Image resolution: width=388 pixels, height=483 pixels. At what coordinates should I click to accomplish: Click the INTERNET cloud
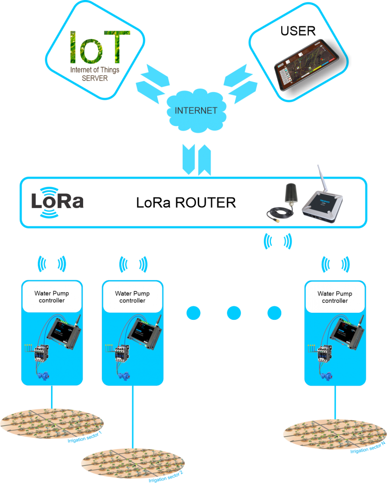pyautogui.click(x=195, y=111)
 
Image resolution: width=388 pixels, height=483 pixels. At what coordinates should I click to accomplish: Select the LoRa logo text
pyautogui.click(x=57, y=201)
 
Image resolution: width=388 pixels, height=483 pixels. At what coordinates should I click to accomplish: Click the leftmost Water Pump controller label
pyautogui.click(x=51, y=297)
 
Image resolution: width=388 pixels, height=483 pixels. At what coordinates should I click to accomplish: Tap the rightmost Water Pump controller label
pyautogui.click(x=335, y=297)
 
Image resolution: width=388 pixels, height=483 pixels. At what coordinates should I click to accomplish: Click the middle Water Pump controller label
pyautogui.click(x=132, y=297)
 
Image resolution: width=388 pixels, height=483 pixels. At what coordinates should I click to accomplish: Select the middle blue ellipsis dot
pyautogui.click(x=234, y=313)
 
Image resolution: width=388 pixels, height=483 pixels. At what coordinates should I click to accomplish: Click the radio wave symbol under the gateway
pyautogui.click(x=277, y=241)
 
